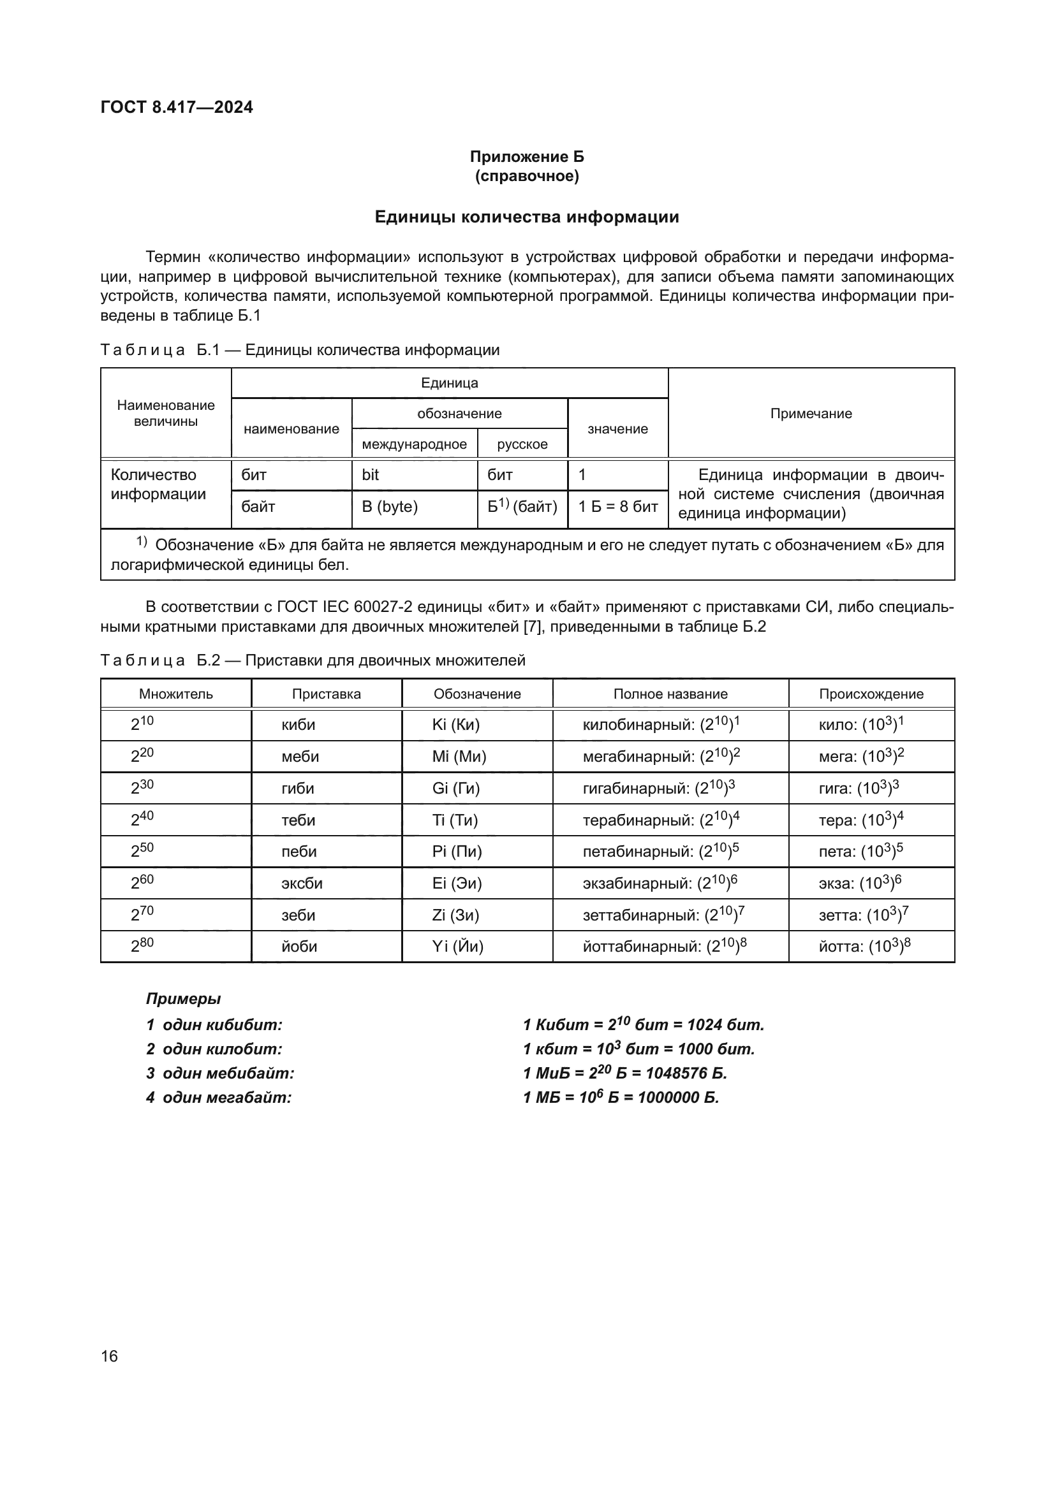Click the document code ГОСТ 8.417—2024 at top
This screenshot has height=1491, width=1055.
tap(177, 107)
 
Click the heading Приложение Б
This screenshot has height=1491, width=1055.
tap(527, 157)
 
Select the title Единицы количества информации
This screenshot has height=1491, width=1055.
tap(527, 217)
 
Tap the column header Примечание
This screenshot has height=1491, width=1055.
tap(811, 414)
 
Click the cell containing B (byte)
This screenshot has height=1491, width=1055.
tap(390, 507)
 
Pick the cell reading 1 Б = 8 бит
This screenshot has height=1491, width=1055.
tap(618, 507)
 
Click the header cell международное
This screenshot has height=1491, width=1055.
tap(415, 444)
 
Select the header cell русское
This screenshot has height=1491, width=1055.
tap(522, 444)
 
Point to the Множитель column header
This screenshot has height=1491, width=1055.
tap(175, 694)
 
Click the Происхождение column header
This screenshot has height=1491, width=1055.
tap(871, 694)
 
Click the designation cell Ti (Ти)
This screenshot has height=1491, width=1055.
tap(455, 820)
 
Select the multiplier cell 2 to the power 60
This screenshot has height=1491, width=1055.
tap(142, 883)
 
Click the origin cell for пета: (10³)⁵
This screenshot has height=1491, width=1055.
tap(860, 852)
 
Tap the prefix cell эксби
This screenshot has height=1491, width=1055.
tap(302, 883)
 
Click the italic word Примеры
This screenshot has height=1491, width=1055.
tap(183, 999)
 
